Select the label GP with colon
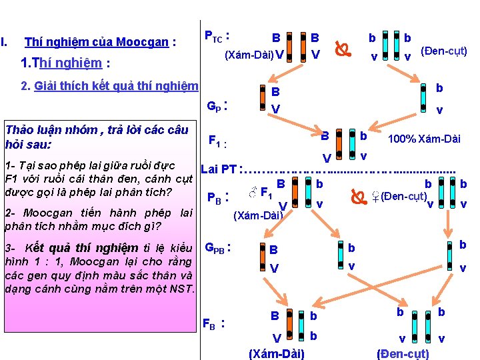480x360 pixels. tap(217, 105)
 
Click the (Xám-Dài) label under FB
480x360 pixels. tap(276, 353)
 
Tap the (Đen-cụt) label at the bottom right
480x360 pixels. tap(403, 353)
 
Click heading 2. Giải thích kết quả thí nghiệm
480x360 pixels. tap(109, 85)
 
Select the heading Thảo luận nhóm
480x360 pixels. tap(52, 130)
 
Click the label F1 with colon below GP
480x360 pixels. tap(218, 141)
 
